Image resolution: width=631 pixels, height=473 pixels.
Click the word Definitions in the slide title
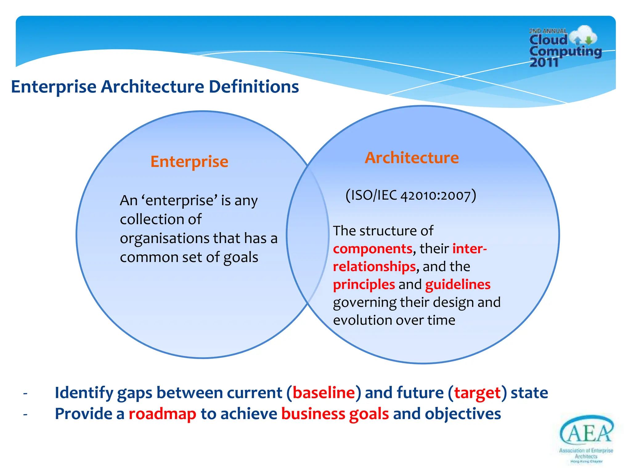pyautogui.click(x=254, y=87)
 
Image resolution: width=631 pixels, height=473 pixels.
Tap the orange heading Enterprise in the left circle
pyautogui.click(x=189, y=162)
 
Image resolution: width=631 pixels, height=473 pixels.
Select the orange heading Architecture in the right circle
pyautogui.click(x=412, y=158)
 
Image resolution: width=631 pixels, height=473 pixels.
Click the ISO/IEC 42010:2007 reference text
pyautogui.click(x=411, y=195)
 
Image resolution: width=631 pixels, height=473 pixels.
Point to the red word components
pyautogui.click(x=372, y=249)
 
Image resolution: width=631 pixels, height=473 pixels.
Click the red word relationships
pyautogui.click(x=374, y=267)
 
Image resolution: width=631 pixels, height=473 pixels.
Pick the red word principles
pyautogui.click(x=364, y=285)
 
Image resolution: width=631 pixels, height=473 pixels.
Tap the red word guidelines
pyautogui.click(x=458, y=285)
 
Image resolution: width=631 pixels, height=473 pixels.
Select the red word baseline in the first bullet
pyautogui.click(x=324, y=393)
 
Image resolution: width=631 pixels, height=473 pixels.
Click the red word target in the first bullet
pyautogui.click(x=477, y=393)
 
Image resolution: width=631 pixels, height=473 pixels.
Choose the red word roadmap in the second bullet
pyautogui.click(x=162, y=414)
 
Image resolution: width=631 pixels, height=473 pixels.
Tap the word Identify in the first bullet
pyautogui.click(x=84, y=393)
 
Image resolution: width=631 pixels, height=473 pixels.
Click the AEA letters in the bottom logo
pyautogui.click(x=586, y=433)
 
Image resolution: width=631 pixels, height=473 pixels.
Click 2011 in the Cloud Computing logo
pyautogui.click(x=544, y=63)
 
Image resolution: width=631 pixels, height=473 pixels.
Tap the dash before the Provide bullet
pyautogui.click(x=25, y=414)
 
